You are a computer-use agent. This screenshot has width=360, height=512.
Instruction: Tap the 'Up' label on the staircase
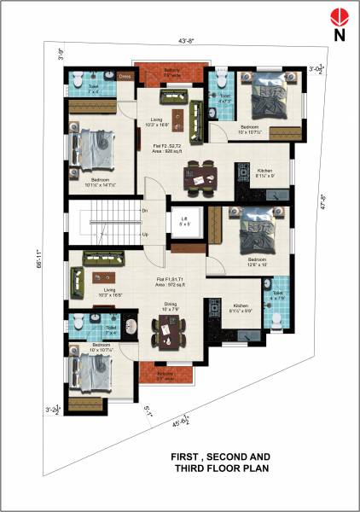(145, 233)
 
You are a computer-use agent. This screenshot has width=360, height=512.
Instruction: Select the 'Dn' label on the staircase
(145, 210)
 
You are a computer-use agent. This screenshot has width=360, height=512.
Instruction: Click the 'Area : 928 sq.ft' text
(171, 152)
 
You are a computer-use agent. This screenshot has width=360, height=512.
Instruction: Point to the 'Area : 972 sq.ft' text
(173, 285)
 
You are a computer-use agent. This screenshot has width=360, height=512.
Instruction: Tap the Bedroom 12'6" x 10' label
(257, 261)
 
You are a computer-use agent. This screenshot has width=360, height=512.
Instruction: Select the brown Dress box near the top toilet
(125, 76)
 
